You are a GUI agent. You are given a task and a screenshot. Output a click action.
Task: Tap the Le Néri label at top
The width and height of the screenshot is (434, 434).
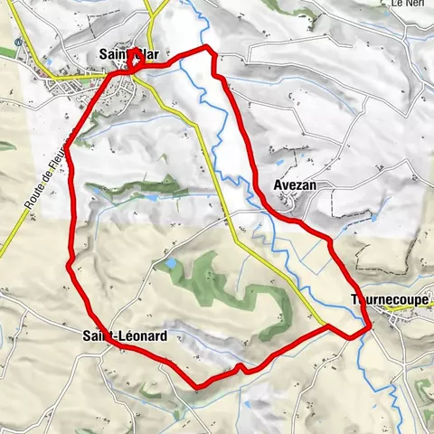point(408,5)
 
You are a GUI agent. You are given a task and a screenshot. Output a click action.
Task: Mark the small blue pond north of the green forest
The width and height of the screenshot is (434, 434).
point(168,264)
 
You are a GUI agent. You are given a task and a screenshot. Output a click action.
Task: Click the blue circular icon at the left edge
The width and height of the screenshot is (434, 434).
point(18,41)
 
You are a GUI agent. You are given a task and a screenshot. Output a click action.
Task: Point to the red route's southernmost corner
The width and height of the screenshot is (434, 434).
point(198,387)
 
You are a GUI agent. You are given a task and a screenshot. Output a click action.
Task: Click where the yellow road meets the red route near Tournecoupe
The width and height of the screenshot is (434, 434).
point(327,325)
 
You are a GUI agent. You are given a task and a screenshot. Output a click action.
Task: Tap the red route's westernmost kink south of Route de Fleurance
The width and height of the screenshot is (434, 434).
point(70,263)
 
